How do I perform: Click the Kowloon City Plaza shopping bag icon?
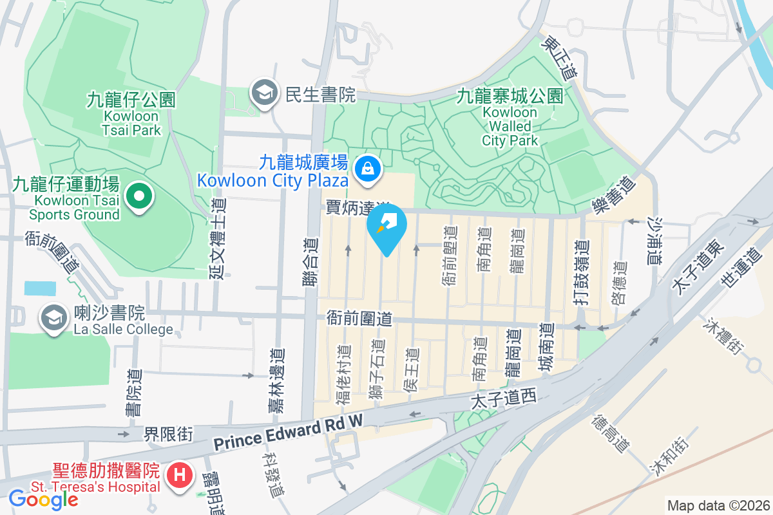367,169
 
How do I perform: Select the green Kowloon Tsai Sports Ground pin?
138,196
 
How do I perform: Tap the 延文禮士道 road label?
218,238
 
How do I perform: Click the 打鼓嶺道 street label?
582,270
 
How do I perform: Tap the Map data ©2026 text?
718,505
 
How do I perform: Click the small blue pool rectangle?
40,288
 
